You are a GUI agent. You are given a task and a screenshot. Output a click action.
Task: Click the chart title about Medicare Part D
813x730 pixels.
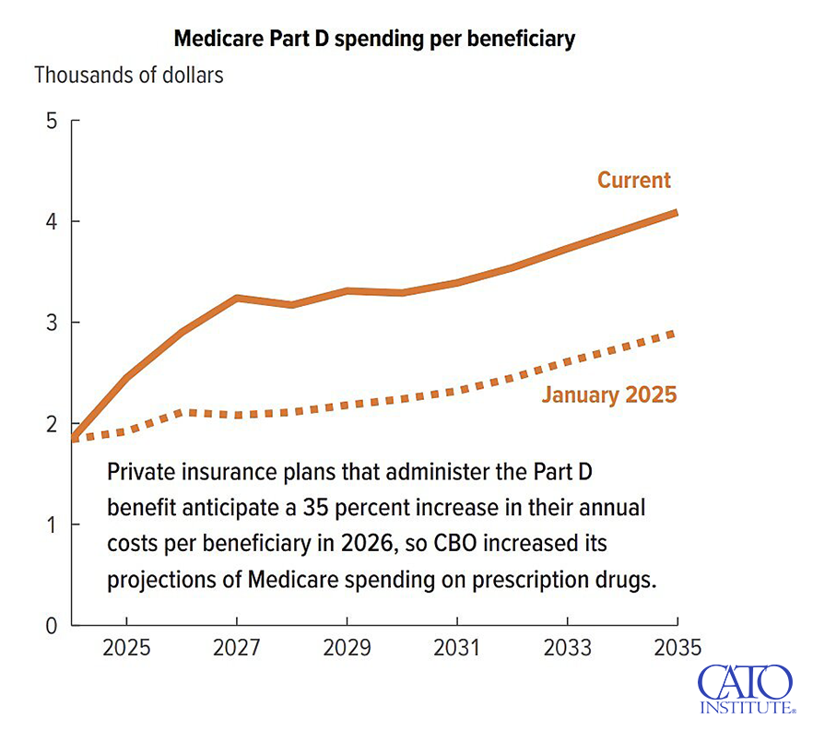pyautogui.click(x=374, y=39)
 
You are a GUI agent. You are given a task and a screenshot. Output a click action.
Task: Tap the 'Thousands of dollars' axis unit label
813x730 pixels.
pyautogui.click(x=129, y=76)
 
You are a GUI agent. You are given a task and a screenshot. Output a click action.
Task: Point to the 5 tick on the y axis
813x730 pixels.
pyautogui.click(x=52, y=121)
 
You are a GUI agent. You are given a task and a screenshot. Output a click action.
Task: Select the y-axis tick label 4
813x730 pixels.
pyautogui.click(x=52, y=222)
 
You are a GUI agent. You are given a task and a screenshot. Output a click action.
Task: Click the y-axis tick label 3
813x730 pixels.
pyautogui.click(x=52, y=323)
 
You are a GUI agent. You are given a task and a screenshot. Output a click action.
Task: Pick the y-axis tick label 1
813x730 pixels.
pyautogui.click(x=52, y=525)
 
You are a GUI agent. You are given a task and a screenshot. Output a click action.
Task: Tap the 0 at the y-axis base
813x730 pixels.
pyautogui.click(x=52, y=626)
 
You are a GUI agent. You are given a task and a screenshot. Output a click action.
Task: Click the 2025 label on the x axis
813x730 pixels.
pyautogui.click(x=126, y=648)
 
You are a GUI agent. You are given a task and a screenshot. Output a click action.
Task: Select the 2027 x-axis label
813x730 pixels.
pyautogui.click(x=237, y=648)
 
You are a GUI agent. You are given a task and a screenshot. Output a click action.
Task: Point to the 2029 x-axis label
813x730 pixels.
pyautogui.click(x=347, y=648)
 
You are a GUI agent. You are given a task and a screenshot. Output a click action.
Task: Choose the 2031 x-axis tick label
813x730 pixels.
pyautogui.click(x=457, y=648)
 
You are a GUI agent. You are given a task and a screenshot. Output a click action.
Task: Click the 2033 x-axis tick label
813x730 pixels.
pyautogui.click(x=567, y=648)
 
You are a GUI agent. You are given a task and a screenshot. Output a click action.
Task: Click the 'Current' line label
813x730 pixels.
pyautogui.click(x=634, y=180)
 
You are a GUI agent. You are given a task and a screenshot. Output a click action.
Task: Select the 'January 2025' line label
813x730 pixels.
pyautogui.click(x=608, y=395)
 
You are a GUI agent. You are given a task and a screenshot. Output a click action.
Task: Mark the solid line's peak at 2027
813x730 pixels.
pyautogui.click(x=237, y=299)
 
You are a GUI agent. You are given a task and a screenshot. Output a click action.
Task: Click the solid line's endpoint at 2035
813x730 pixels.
pyautogui.click(x=676, y=213)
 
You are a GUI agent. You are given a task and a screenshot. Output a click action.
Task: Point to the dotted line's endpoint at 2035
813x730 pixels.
pyautogui.click(x=676, y=333)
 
